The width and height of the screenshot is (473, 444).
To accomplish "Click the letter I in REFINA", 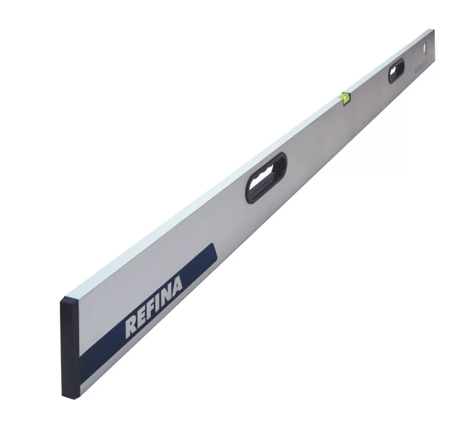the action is pyautogui.click(x=158, y=303).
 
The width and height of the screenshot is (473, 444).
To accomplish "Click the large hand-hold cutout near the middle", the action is pyautogui.click(x=266, y=177).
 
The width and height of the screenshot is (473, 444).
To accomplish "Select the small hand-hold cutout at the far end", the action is pyautogui.click(x=396, y=70).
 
